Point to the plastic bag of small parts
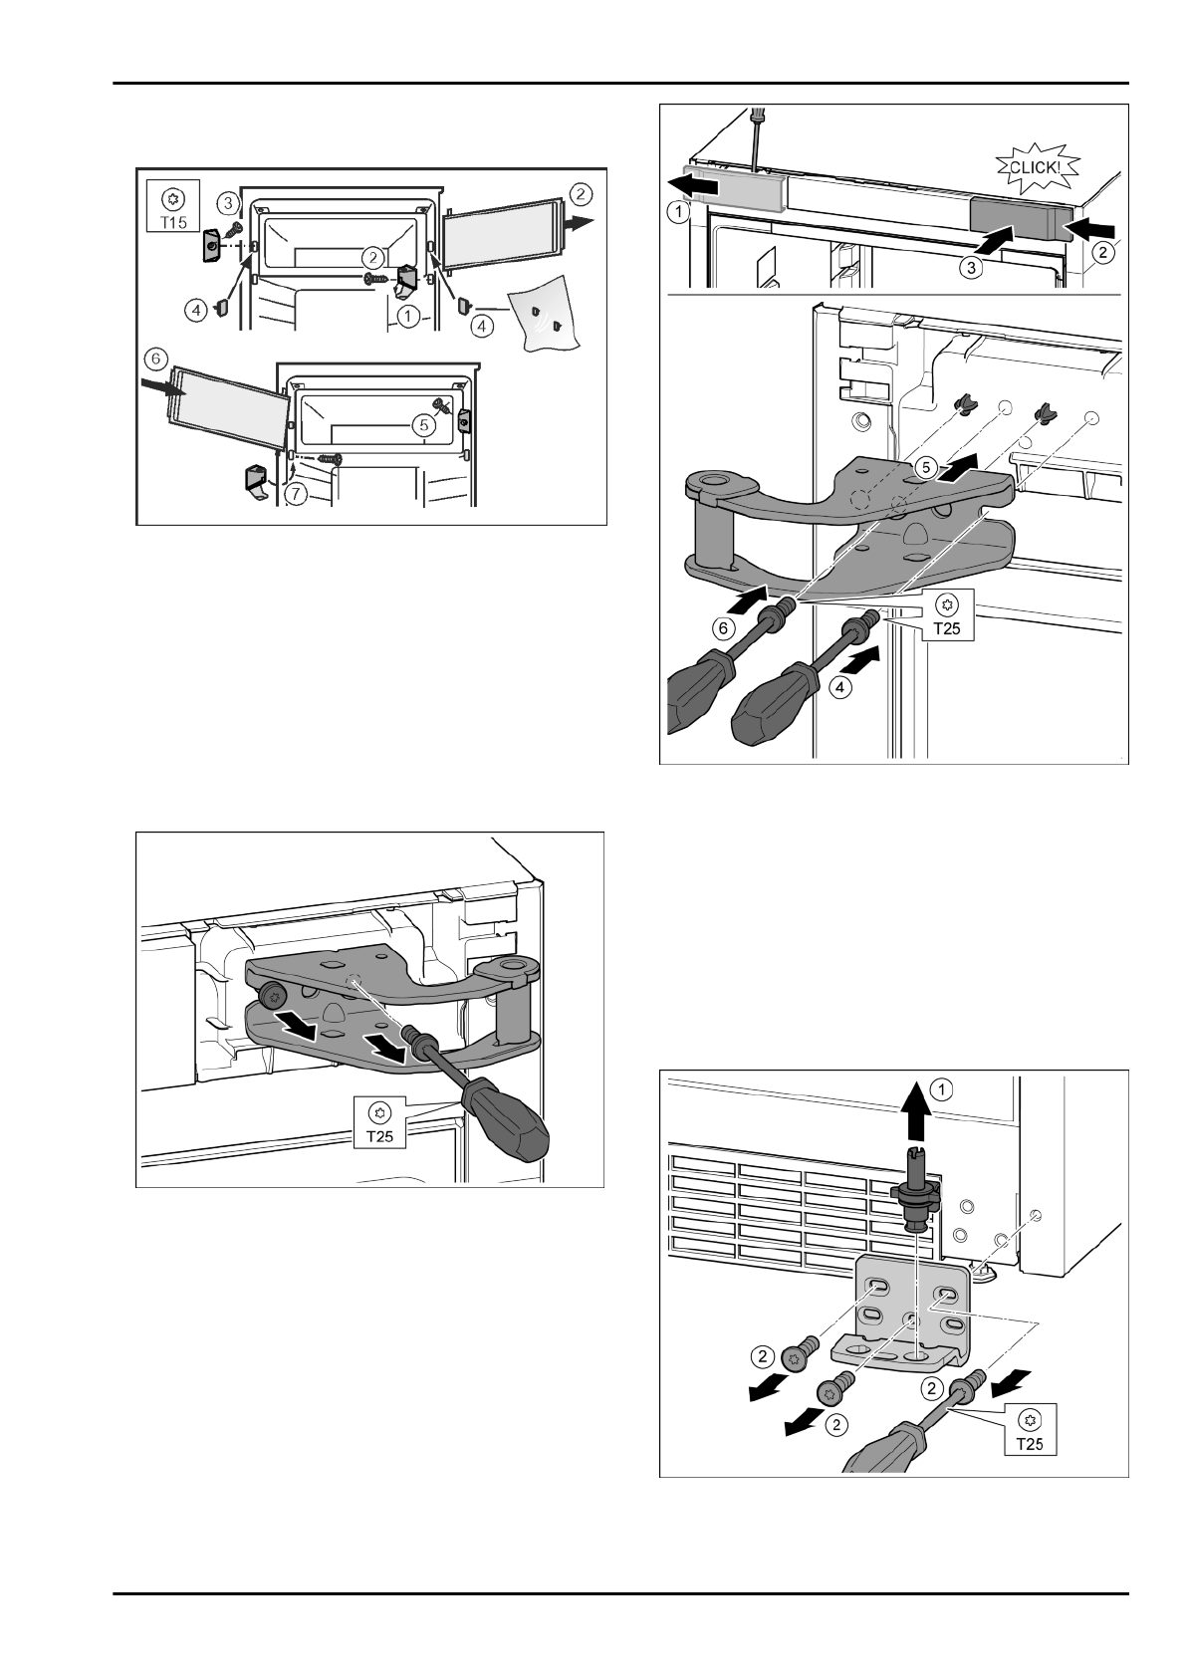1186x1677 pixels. coord(545,320)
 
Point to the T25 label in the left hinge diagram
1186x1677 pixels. coord(379,1123)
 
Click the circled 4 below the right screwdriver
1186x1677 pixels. coord(840,687)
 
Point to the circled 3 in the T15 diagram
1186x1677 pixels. coord(229,202)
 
